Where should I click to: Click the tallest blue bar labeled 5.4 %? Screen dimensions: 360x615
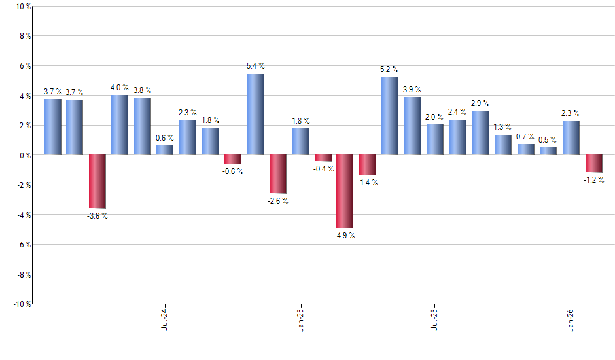tap(255, 115)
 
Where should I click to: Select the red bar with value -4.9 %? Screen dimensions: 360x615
tap(345, 191)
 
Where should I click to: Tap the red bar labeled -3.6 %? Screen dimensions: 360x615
tap(97, 181)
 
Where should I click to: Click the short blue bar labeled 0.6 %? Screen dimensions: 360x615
tap(165, 151)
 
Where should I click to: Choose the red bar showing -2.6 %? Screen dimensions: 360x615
tap(277, 174)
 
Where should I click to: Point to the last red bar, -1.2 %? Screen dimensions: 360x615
tap(593, 164)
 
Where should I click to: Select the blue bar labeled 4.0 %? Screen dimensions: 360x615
tap(120, 125)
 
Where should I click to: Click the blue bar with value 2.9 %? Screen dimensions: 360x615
tap(480, 133)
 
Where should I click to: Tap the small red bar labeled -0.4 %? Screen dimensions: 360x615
tap(323, 158)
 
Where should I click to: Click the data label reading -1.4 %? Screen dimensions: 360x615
tap(366, 183)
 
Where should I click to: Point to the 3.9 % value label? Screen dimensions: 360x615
tap(412, 90)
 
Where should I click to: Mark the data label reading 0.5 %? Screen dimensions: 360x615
tap(548, 139)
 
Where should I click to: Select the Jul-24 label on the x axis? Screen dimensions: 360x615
tap(164, 319)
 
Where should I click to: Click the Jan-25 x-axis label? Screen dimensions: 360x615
tap(300, 319)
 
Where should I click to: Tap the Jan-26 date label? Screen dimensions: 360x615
tap(570, 319)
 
